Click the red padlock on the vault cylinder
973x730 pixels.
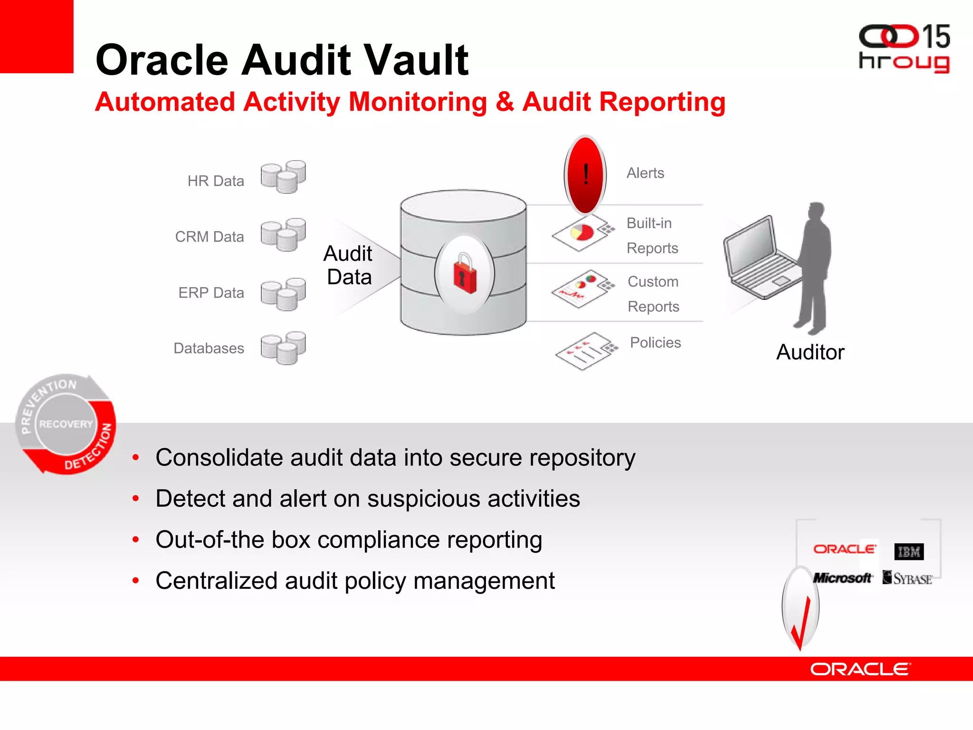[x=465, y=273]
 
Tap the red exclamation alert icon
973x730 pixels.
[x=585, y=174]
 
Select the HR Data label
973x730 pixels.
[x=216, y=181]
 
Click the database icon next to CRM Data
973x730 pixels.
[x=283, y=234]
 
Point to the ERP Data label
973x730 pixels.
[x=211, y=293]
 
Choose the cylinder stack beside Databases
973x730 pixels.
[x=283, y=348]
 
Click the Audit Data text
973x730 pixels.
[x=348, y=265]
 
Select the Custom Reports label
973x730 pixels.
[x=653, y=294]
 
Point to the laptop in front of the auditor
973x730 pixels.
[x=760, y=259]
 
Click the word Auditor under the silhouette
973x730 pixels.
[x=810, y=353]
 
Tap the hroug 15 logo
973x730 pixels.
[x=904, y=48]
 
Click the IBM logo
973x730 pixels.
[x=909, y=552]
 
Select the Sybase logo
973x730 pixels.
[x=907, y=578]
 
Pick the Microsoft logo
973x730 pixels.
[x=842, y=578]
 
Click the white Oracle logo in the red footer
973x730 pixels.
[x=860, y=669]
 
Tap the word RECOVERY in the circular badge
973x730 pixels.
[x=66, y=424]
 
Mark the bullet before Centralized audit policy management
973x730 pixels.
[x=136, y=581]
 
